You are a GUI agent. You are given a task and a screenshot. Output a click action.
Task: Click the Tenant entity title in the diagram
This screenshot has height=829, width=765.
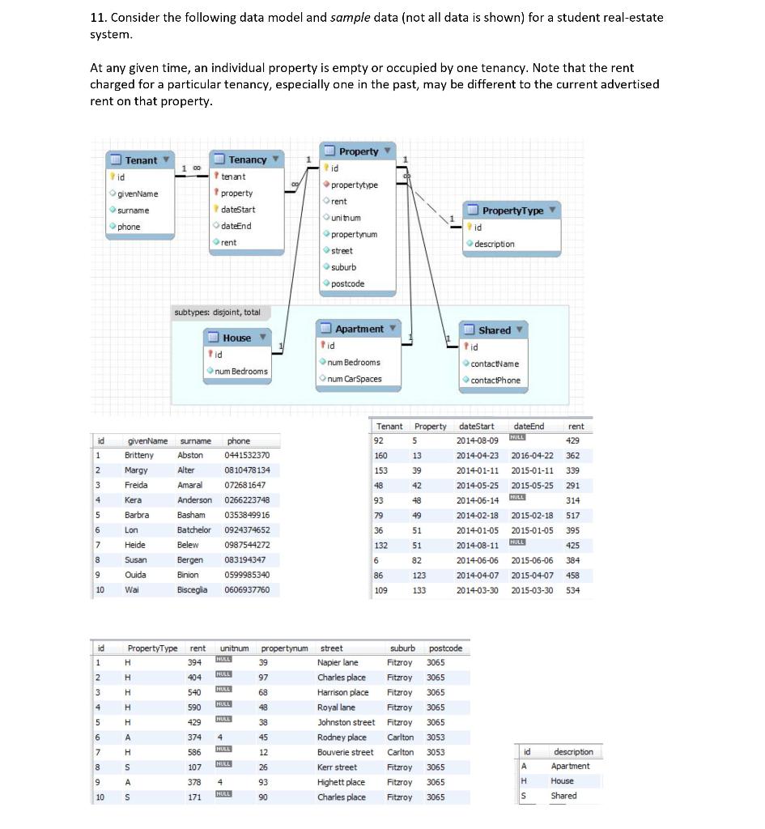[x=141, y=160]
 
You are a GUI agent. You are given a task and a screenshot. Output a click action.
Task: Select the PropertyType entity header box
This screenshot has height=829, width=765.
[x=512, y=210]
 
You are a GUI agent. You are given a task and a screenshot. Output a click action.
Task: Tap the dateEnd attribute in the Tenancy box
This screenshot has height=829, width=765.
[x=236, y=226]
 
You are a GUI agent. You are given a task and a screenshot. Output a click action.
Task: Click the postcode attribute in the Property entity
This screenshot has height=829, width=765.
[x=348, y=283]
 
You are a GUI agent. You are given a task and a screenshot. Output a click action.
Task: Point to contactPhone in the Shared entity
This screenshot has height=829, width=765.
[x=495, y=380]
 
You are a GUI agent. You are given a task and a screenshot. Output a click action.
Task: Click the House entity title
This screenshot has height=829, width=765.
[x=237, y=338]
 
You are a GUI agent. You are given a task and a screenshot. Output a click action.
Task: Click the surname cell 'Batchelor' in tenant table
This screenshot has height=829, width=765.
[x=193, y=530]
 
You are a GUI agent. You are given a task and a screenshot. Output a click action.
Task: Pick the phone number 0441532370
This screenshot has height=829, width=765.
[x=247, y=456]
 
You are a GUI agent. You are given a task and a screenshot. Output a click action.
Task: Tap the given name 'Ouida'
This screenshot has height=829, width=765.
[x=135, y=575]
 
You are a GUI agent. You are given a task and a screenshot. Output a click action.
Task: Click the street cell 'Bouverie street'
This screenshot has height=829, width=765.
[x=345, y=752]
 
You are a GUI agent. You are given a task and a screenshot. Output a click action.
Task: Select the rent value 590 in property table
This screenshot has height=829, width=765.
[x=194, y=708]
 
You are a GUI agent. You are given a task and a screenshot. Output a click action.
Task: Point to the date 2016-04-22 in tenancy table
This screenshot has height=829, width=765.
[x=532, y=456]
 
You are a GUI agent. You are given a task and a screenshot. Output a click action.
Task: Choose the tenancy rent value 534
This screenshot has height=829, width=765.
[x=572, y=590]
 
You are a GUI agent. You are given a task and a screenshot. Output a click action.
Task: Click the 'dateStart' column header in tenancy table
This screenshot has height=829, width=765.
[x=476, y=427]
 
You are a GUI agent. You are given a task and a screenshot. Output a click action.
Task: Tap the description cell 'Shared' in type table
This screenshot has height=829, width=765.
[x=563, y=796]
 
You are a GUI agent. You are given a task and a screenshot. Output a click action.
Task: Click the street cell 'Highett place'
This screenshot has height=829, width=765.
[x=341, y=782]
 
